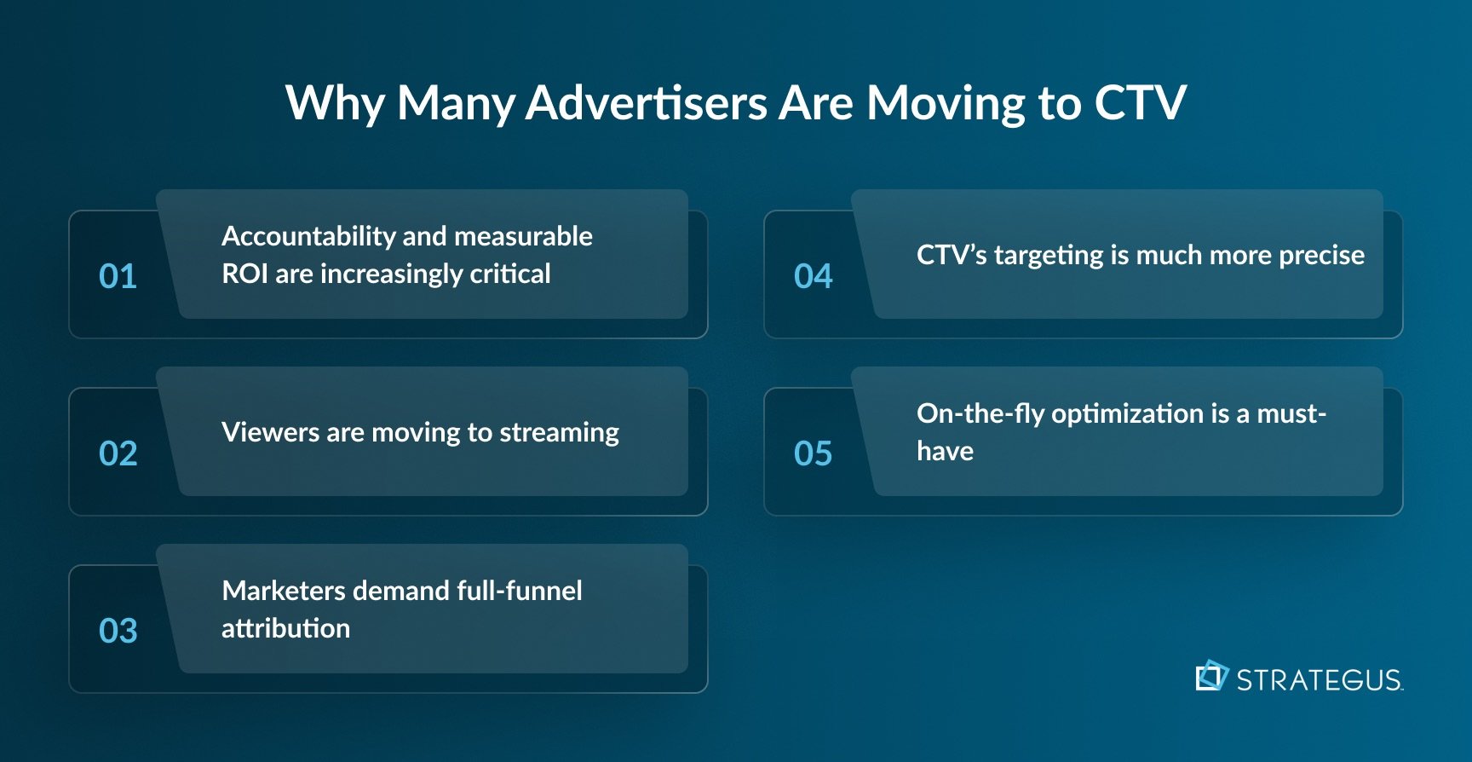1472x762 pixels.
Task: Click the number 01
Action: pos(118,276)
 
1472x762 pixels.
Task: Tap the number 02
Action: pos(118,453)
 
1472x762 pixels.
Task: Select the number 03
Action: pos(118,631)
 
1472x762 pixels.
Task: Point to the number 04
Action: pos(813,276)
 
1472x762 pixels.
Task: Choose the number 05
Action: pos(813,453)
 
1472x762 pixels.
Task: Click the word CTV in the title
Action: pos(1140,103)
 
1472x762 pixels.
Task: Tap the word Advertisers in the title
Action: pos(647,103)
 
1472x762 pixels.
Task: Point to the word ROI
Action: pos(244,274)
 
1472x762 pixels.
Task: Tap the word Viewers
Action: pos(270,432)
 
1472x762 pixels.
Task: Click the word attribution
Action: pos(285,629)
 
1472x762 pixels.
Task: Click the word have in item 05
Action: pos(945,451)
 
